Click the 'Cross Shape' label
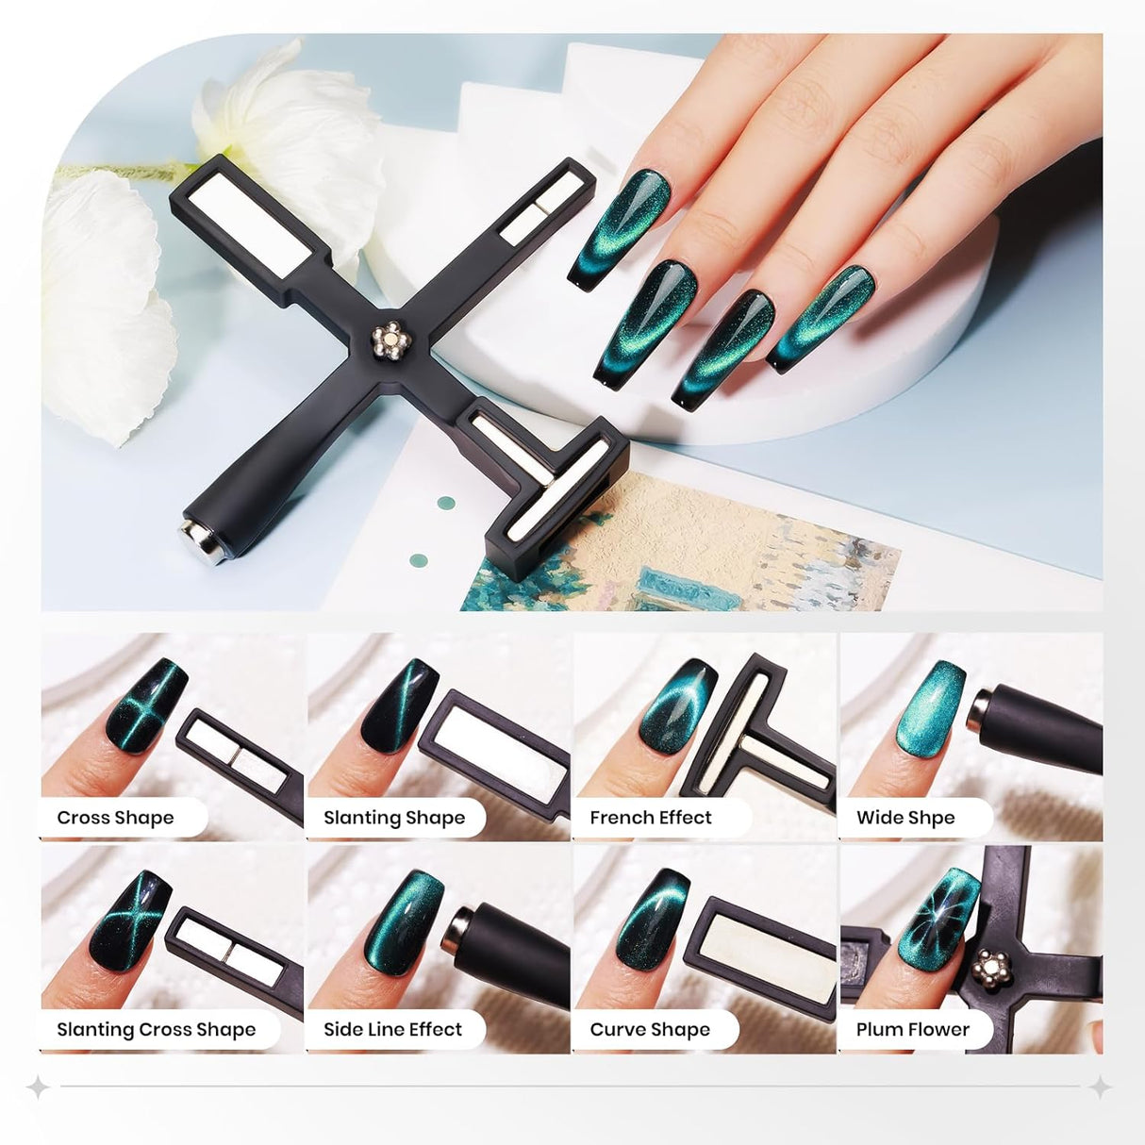[x=115, y=818]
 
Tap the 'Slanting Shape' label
[x=394, y=818]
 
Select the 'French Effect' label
[x=651, y=818]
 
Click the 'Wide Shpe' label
[x=905, y=818]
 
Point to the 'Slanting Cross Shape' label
[x=157, y=1029]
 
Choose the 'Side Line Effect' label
[x=392, y=1029]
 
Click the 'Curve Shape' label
[x=650, y=1029]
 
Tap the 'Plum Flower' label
[x=912, y=1029]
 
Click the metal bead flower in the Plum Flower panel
[x=993, y=968]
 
